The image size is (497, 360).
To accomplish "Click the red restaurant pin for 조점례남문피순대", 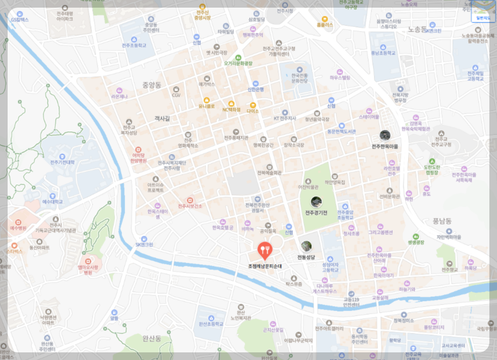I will click(x=265, y=250).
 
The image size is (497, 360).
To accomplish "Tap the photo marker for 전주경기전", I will click(x=316, y=202).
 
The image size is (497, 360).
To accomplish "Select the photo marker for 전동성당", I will click(x=306, y=246).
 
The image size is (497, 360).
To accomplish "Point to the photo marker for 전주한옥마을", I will click(x=385, y=135).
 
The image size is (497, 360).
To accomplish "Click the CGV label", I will click(x=176, y=95).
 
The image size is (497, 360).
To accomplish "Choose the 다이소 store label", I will click(x=253, y=110).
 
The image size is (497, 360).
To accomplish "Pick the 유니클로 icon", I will click(x=207, y=100).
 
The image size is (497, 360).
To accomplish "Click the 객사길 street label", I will click(x=162, y=118).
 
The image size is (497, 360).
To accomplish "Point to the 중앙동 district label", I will click(x=152, y=84).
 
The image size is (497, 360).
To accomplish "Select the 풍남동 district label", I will click(x=442, y=220).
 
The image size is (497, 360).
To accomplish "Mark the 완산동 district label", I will click(x=152, y=338).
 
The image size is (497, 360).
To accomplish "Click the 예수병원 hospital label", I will click(x=18, y=228).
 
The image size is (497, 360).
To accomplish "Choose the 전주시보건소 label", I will click(x=190, y=206).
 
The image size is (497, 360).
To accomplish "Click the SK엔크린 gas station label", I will click(x=143, y=244).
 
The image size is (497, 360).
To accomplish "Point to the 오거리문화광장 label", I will click(x=238, y=63).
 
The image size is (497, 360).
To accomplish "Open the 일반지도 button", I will click(x=482, y=17).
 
